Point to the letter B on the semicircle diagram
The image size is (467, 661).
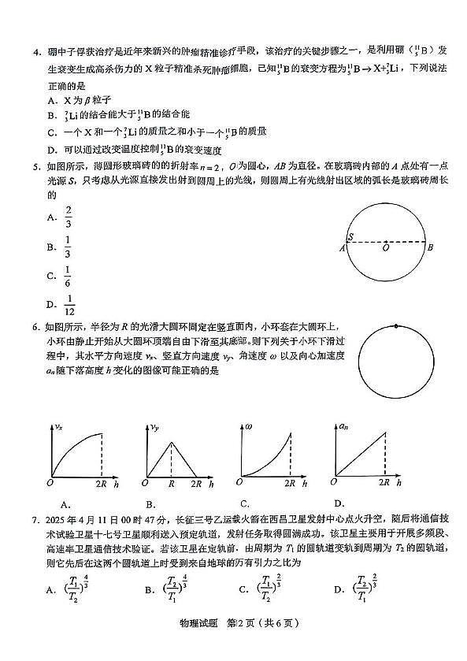(x=431, y=247)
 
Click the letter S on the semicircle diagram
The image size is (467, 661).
(x=350, y=236)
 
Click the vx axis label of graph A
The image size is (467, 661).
(x=57, y=426)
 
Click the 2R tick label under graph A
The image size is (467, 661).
(x=102, y=482)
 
